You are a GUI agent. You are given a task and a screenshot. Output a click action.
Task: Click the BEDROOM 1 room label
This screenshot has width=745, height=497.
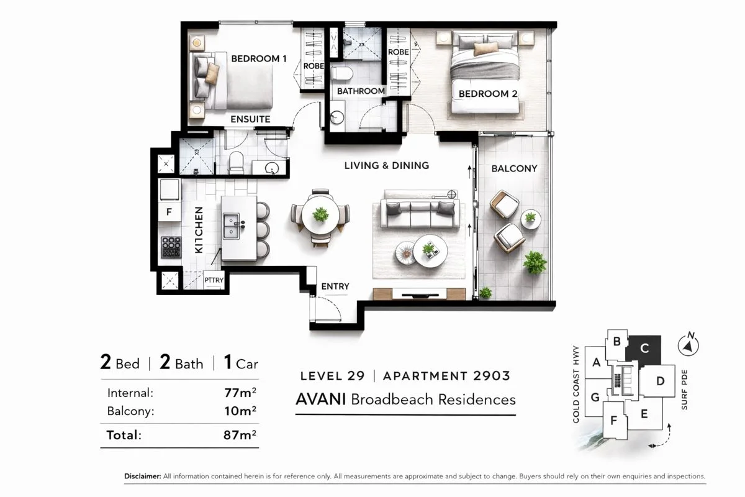pyautogui.click(x=258, y=59)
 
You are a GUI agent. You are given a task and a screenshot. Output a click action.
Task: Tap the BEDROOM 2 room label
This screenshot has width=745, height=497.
pyautogui.click(x=488, y=94)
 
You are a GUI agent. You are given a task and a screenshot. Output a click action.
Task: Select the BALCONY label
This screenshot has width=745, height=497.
pyautogui.click(x=514, y=168)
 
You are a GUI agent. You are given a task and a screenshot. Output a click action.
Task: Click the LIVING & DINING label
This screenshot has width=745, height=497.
pyautogui.click(x=387, y=165)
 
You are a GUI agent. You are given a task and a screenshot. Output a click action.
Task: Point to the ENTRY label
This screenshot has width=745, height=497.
pyautogui.click(x=335, y=286)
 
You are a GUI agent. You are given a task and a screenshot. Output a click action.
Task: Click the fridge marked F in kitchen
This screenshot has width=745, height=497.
pyautogui.click(x=169, y=211)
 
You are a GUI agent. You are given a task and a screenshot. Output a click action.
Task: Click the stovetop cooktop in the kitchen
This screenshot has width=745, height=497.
pyautogui.click(x=170, y=247)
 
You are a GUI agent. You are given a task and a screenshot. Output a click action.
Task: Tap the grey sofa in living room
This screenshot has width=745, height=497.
pyautogui.click(x=420, y=211)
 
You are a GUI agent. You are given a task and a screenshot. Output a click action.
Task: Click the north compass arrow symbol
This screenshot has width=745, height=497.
pyautogui.click(x=689, y=345)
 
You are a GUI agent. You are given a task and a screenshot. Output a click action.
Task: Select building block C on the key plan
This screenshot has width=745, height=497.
pyautogui.click(x=644, y=350)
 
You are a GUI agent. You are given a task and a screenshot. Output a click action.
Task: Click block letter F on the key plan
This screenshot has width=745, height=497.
pyautogui.click(x=614, y=421)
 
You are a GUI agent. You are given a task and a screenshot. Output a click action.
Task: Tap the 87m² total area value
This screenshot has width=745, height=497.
pyautogui.click(x=240, y=435)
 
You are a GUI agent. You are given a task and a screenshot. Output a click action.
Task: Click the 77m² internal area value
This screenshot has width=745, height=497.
pyautogui.click(x=240, y=393)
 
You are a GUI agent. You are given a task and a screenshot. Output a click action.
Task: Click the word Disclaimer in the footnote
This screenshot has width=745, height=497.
pyautogui.click(x=143, y=476)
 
